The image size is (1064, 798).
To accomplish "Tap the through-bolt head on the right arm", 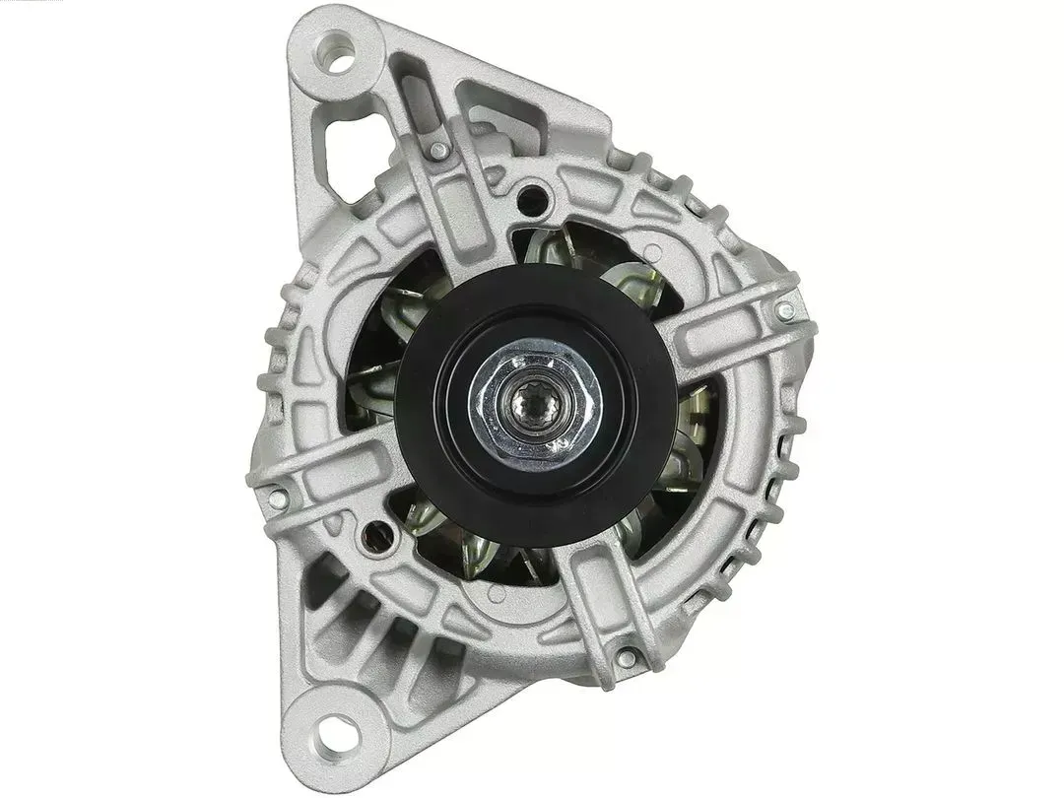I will point(783,311).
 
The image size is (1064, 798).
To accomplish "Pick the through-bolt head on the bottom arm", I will point(625,657).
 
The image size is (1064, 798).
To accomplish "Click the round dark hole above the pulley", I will point(534,194).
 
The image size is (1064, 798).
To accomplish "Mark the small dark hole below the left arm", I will point(373,537).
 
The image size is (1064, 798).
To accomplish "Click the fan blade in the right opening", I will point(690,433).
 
